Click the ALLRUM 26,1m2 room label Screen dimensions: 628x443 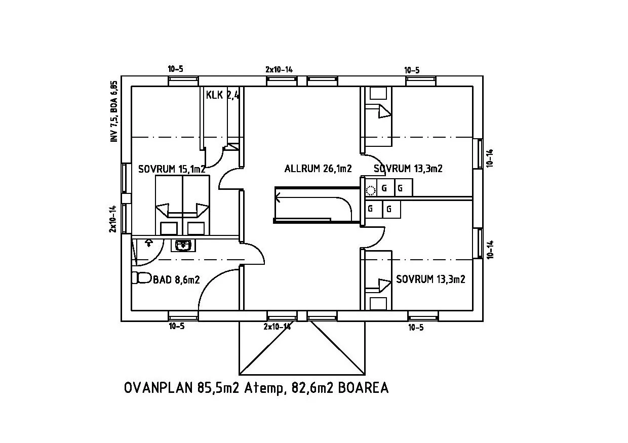[x=318, y=169]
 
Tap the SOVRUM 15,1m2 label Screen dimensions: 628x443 [x=172, y=169]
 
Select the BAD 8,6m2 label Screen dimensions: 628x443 [x=176, y=279]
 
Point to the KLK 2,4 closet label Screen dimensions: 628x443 [x=223, y=95]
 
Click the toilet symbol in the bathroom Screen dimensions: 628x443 [x=142, y=277]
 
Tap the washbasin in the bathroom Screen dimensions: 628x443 [x=183, y=246]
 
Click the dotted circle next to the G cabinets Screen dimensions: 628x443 [x=371, y=191]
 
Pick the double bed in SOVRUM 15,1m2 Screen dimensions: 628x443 [x=182, y=205]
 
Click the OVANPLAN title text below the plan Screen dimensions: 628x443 [x=256, y=388]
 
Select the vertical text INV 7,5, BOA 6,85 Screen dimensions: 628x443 [x=114, y=111]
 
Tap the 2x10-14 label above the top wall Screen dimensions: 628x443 [x=279, y=69]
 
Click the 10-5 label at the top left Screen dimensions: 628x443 [x=176, y=69]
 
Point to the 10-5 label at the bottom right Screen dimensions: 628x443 [x=416, y=328]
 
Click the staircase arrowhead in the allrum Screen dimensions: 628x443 [x=278, y=197]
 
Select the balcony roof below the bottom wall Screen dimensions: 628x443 [x=302, y=348]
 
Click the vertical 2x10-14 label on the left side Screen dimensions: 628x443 [x=113, y=219]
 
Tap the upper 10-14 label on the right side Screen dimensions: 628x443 [x=490, y=158]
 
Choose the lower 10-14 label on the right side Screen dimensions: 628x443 [x=490, y=250]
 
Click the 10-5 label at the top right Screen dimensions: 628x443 [x=412, y=70]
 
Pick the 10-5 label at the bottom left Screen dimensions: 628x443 [x=177, y=326]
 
